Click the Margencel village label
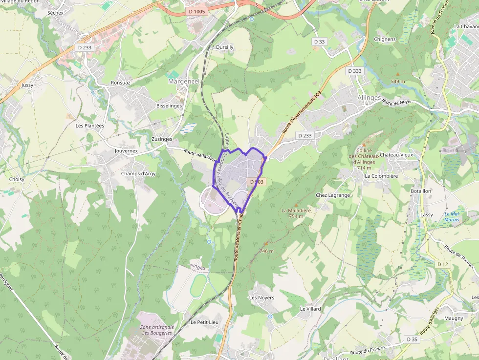pos(184,82)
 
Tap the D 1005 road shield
pos(197,11)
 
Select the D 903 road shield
pos(256,182)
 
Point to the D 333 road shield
pos(355,71)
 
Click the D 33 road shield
pos(319,42)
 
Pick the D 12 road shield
pos(442,264)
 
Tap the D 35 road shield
pos(412,339)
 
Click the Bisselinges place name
pos(169,106)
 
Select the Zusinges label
pos(162,139)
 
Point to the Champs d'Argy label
pos(138,173)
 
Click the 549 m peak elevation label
pos(398,81)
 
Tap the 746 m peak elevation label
pos(266,251)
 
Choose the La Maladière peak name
pos(296,211)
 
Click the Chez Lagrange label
pos(333,195)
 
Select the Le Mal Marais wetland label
pos(452,217)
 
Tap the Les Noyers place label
pos(261,297)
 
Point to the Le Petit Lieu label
pos(205,322)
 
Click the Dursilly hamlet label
pos(225,47)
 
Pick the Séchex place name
pos(56,12)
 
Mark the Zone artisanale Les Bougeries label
pos(156,330)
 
